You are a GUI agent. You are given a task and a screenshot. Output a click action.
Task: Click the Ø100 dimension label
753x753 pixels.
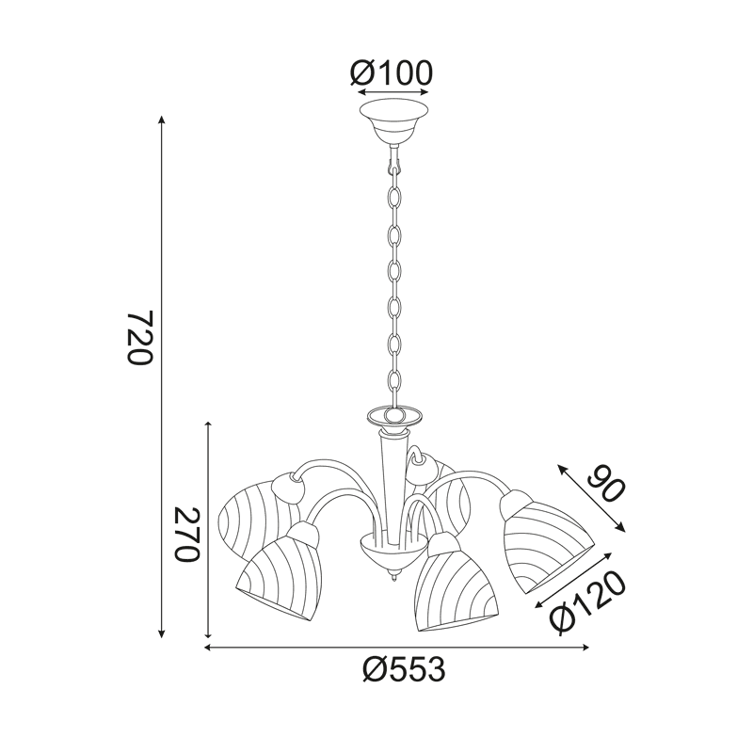pos(392,73)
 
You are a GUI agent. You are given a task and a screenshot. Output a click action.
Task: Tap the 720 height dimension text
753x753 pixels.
pos(140,338)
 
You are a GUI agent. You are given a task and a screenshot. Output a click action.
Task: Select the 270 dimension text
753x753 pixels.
pos(186,534)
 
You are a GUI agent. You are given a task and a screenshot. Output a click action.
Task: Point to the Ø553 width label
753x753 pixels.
pos(404,669)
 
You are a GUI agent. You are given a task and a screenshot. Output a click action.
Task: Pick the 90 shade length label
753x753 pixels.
pos(606,484)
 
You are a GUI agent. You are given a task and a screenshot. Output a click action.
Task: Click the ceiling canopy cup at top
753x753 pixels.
pos(393,122)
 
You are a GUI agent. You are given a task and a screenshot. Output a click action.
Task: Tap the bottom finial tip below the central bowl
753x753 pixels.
pos(394,582)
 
